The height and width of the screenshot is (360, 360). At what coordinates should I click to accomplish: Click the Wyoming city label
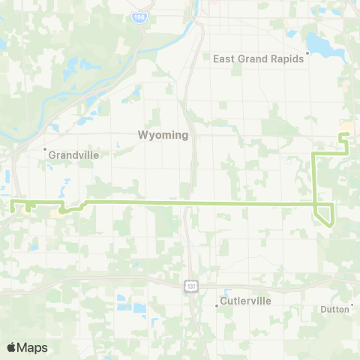163,136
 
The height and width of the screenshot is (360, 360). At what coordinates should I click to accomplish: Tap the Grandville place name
73,154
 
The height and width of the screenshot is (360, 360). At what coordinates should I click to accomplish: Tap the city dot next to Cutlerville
217,305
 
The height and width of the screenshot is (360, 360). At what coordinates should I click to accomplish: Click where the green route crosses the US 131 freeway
187,202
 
